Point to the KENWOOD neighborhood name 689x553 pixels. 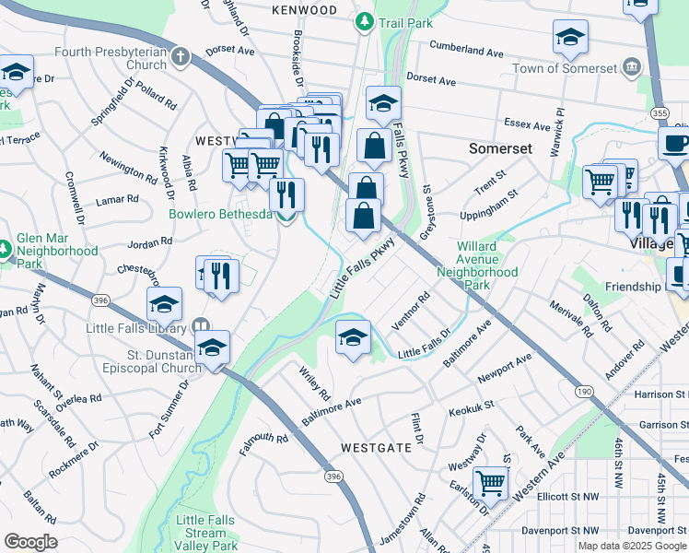(304, 10)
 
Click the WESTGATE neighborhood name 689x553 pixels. (376, 447)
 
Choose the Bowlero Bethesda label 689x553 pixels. (220, 215)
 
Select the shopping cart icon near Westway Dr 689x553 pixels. (490, 481)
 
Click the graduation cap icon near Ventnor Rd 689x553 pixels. (352, 338)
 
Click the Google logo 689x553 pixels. (30, 542)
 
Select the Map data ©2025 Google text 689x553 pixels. (631, 546)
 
